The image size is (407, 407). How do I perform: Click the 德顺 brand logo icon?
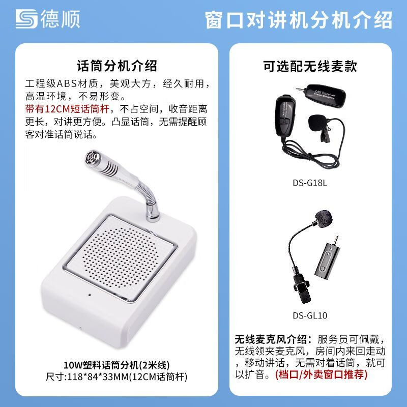(x=26, y=19)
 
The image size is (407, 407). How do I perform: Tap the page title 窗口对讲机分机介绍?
(x=299, y=20)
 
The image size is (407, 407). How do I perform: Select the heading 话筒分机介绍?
(x=117, y=66)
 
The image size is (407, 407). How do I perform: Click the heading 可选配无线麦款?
(x=310, y=66)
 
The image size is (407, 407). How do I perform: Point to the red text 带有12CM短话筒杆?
(x=67, y=109)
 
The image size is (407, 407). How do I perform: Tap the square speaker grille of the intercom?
(x=121, y=258)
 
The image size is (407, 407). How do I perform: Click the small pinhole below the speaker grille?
(x=90, y=295)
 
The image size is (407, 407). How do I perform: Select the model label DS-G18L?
(x=310, y=183)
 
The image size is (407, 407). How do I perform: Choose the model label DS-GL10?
(x=310, y=315)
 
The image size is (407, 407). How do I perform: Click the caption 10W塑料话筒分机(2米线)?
(x=117, y=365)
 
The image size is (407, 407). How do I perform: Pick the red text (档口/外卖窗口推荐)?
(x=322, y=374)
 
